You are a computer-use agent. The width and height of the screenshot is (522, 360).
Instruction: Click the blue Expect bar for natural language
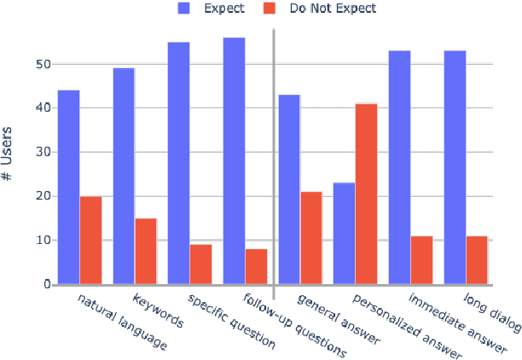(68, 187)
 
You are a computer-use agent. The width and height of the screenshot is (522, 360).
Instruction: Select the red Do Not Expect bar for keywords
(146, 251)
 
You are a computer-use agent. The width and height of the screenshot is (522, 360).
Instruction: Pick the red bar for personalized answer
(366, 194)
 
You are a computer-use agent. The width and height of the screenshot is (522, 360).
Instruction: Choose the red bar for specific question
(200, 264)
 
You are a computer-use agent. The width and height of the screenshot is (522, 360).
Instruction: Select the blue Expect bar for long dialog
(454, 167)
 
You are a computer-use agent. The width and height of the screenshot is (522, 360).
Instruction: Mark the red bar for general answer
(311, 237)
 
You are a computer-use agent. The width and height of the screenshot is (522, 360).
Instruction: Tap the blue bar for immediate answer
(399, 167)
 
